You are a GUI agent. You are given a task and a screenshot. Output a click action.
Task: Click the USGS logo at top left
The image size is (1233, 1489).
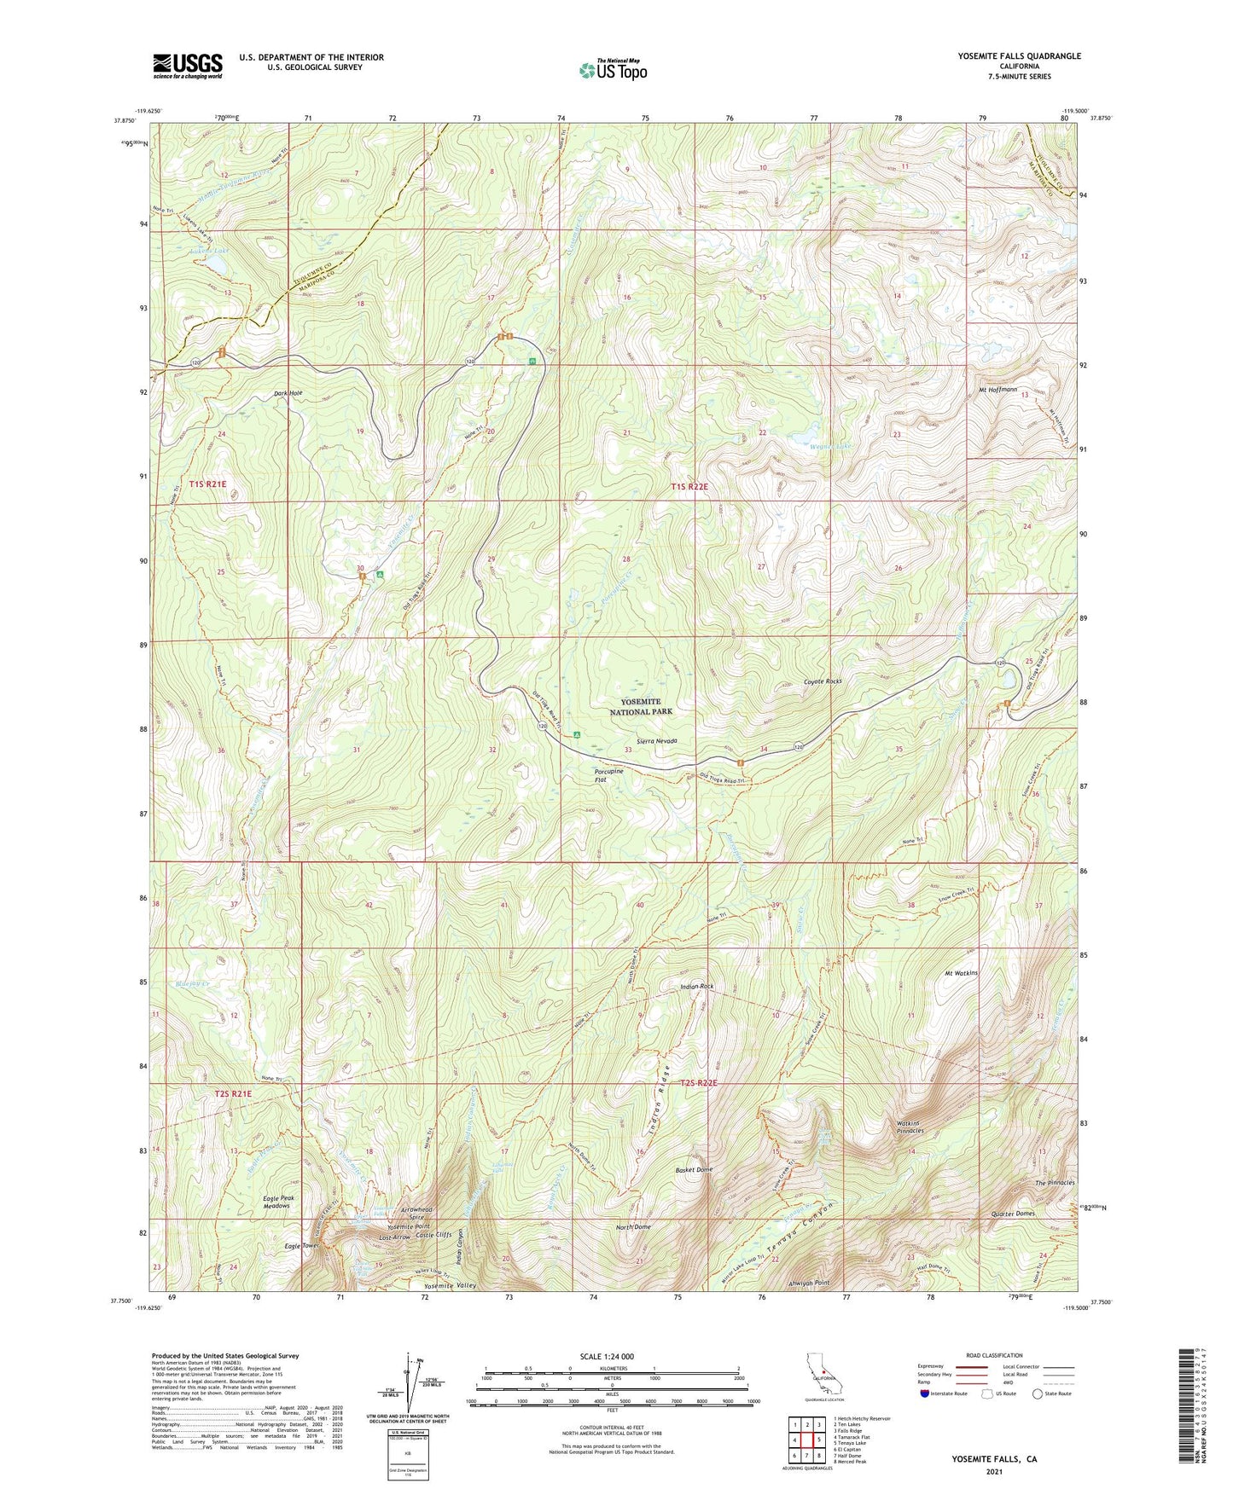(x=188, y=66)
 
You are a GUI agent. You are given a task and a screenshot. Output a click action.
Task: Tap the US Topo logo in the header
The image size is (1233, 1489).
(x=613, y=70)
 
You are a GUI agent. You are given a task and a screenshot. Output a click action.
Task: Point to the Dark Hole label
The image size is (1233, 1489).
(x=288, y=393)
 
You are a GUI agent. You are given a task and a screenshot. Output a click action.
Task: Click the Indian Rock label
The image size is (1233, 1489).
(x=696, y=987)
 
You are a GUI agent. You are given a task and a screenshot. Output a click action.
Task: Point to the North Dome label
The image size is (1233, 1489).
(x=633, y=1227)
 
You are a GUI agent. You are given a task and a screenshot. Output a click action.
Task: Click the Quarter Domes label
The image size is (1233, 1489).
(x=1014, y=1214)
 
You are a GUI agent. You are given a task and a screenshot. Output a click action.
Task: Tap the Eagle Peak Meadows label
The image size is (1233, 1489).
(x=276, y=1202)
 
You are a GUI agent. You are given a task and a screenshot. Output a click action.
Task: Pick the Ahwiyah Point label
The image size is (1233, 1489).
(x=810, y=1283)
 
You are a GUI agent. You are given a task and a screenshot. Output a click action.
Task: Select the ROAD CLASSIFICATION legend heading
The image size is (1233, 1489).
(x=995, y=1355)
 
